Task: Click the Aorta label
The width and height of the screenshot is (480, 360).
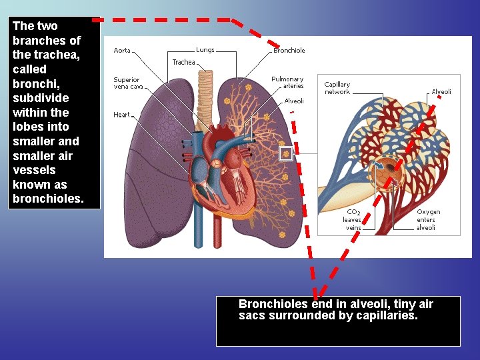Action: (x=122, y=51)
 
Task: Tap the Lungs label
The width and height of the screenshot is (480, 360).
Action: (x=205, y=50)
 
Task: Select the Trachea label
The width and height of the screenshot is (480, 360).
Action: (x=183, y=62)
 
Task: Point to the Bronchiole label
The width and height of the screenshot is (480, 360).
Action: (x=289, y=51)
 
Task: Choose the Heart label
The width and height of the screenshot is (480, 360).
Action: (x=121, y=115)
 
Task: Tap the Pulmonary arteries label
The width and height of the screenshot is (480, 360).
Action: (x=287, y=83)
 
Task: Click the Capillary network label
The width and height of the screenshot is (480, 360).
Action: (x=337, y=88)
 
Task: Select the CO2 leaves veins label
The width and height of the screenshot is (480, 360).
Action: (x=353, y=219)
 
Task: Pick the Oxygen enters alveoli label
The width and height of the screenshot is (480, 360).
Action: (x=426, y=219)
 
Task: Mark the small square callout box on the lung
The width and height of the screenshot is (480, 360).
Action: (x=286, y=154)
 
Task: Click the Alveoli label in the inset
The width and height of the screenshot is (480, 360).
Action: (x=441, y=91)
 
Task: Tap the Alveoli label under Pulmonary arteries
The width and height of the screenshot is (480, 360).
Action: (x=294, y=101)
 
